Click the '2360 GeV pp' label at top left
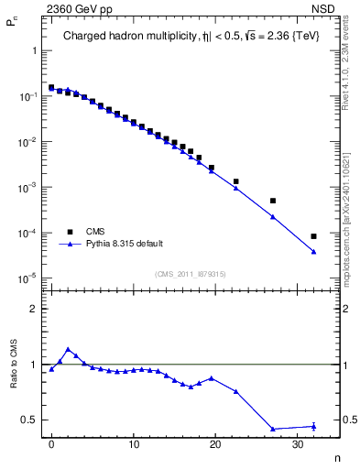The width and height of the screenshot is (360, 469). tap(78, 12)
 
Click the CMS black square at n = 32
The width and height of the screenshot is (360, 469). tap(313, 236)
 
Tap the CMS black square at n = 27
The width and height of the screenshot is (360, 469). tap(273, 201)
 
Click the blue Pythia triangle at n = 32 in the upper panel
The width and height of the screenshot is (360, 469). tap(313, 252)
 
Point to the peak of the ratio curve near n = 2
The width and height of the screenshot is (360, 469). tap(68, 349)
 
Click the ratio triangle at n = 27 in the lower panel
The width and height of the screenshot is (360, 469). tap(273, 429)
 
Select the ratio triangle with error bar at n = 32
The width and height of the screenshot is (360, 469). tap(313, 426)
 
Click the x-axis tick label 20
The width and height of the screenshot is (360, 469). tap(215, 445)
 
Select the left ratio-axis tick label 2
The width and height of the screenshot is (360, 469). tap(35, 309)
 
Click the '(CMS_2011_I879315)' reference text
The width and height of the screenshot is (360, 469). tap(191, 274)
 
